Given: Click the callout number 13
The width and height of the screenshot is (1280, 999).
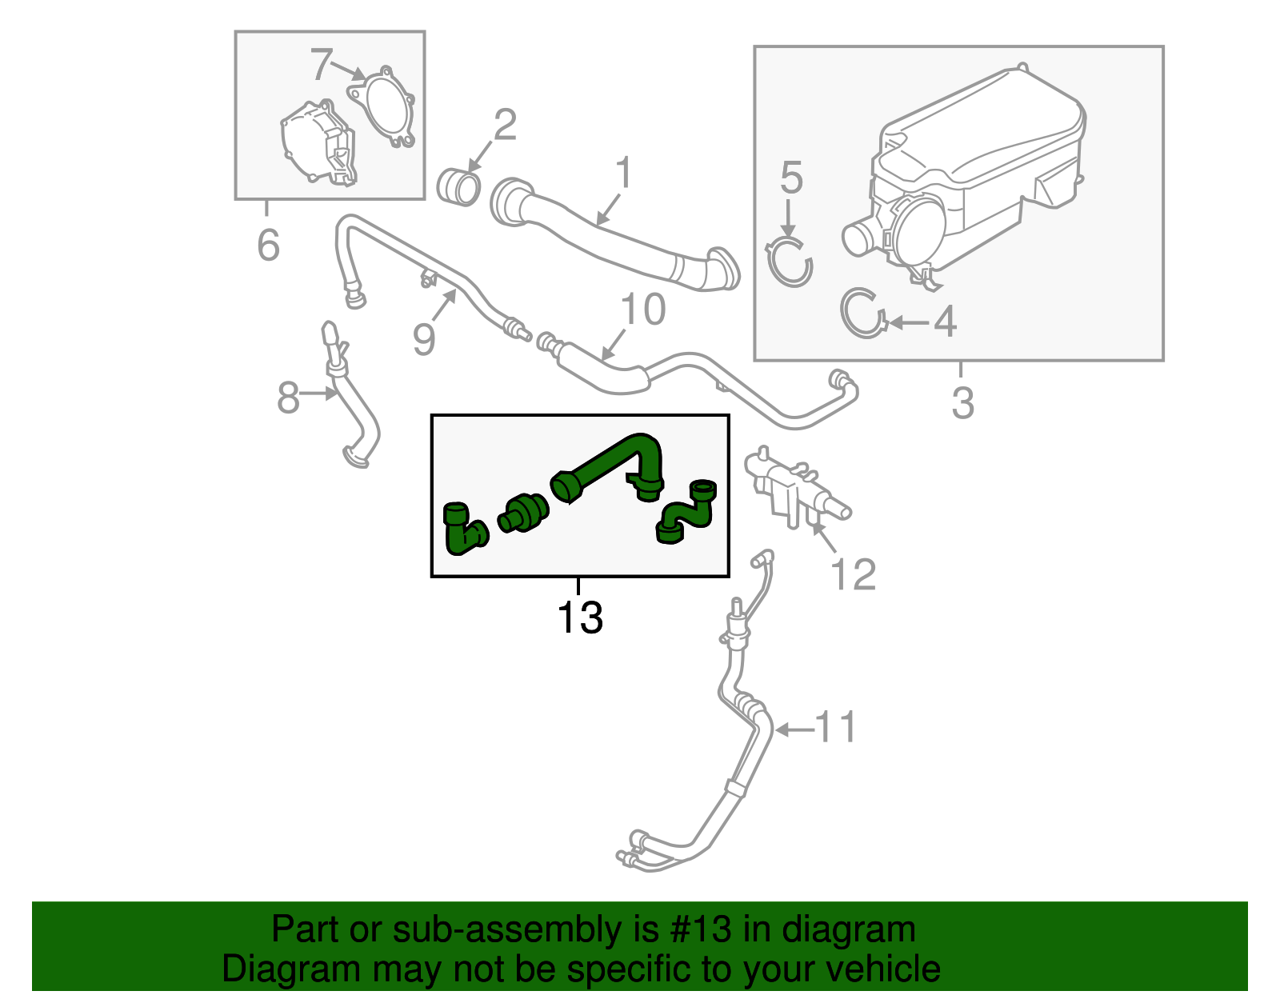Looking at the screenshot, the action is (580, 617).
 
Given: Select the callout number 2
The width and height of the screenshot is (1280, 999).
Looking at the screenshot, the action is (505, 125).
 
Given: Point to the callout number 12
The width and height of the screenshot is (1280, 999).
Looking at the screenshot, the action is (853, 574).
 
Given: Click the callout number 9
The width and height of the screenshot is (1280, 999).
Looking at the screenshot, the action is (423, 339).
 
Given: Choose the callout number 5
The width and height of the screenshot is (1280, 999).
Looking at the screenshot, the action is (791, 178).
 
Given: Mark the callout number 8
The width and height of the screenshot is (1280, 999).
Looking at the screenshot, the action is (288, 398).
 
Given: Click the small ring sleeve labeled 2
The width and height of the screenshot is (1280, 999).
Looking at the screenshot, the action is (458, 187).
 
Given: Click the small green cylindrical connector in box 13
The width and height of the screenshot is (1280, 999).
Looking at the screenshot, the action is (523, 513).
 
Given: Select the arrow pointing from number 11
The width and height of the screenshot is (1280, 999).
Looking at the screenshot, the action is (795, 730).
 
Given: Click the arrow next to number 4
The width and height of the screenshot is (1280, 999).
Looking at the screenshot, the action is (910, 322).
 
